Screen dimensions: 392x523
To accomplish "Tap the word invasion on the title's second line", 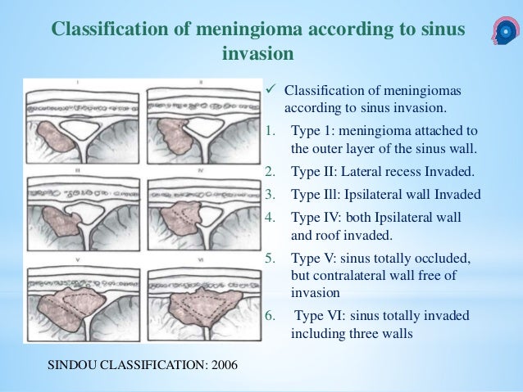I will [x=257, y=55].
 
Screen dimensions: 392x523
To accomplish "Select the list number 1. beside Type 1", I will [x=271, y=131].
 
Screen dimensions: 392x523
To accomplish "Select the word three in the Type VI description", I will [x=364, y=335].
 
